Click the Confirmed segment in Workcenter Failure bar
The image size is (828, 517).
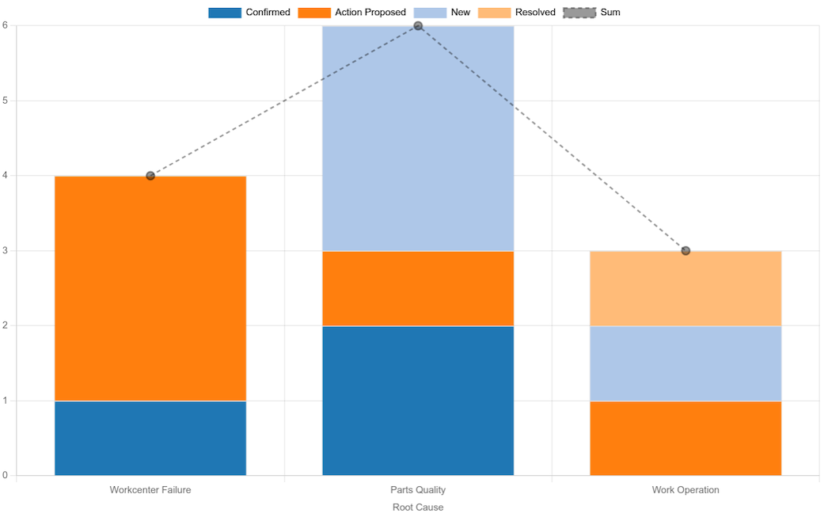(x=150, y=438)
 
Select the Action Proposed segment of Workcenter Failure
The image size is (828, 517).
(x=150, y=288)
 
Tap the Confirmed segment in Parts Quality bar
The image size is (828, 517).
(x=418, y=401)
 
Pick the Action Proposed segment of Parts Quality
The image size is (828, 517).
(x=418, y=288)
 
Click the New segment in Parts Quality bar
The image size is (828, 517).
(x=418, y=139)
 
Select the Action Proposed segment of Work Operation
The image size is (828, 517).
(x=686, y=438)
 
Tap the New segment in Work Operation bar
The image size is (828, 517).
(x=686, y=363)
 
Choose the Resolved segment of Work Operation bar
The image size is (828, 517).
(x=686, y=288)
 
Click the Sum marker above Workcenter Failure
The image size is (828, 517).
(x=150, y=176)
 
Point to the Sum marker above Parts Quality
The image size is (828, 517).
(x=418, y=26)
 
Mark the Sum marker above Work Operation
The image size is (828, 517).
(x=686, y=251)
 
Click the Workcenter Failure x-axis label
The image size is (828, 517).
(x=150, y=490)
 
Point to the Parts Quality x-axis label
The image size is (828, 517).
(x=418, y=490)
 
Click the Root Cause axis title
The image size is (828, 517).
(x=418, y=507)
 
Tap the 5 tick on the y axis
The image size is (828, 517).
(x=5, y=101)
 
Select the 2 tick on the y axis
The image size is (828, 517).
(x=5, y=325)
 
